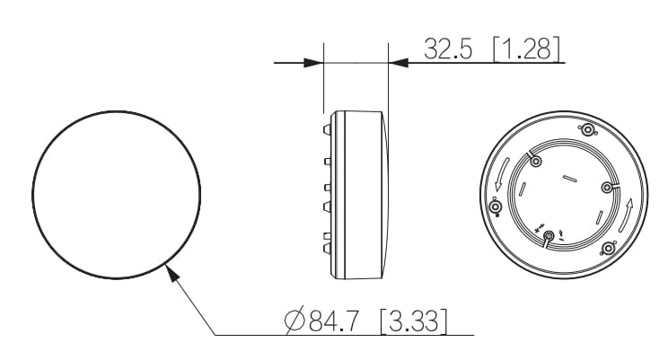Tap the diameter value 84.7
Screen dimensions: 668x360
tap(334, 320)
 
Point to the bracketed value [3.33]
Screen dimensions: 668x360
tap(414, 320)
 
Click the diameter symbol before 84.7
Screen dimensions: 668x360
tap(294, 320)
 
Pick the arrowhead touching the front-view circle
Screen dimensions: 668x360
tap(171, 272)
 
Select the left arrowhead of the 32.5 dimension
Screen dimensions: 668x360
tap(313, 63)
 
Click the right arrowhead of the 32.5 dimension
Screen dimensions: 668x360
tap(399, 63)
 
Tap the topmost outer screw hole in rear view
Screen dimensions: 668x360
tap(588, 130)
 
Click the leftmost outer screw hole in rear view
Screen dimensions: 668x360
tap(496, 207)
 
